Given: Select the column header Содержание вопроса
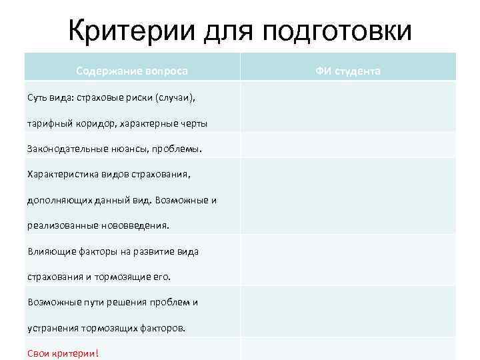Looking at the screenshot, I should [132, 70].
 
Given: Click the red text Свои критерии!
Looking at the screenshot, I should [62, 353].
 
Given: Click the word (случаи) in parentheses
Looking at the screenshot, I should [175, 98].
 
